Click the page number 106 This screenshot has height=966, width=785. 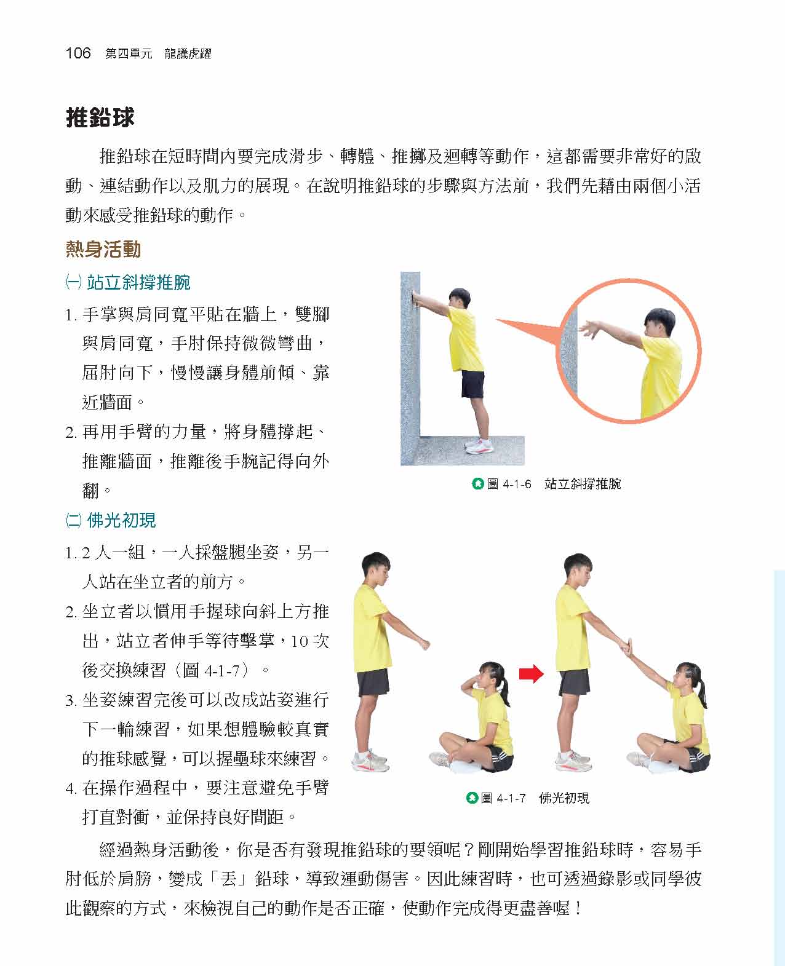coord(78,53)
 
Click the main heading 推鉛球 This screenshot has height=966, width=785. coord(100,117)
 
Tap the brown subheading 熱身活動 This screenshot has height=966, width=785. coord(103,249)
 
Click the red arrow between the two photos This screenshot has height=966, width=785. coord(531,674)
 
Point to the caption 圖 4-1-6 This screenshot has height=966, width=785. coord(509,484)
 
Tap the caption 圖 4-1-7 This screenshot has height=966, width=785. coord(503,798)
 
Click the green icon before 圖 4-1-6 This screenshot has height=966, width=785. coord(477,484)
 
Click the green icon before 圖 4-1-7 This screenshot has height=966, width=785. coord(472,798)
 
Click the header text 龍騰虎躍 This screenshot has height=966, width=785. coord(188,54)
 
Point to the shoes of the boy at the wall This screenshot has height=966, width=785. coord(478,445)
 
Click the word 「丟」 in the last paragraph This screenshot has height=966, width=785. coord(229,879)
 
